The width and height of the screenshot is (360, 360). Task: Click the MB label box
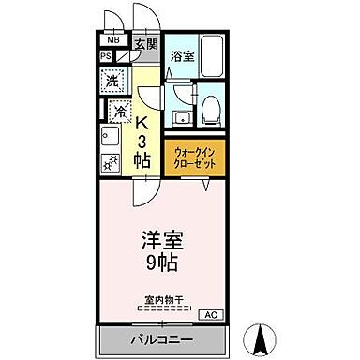click(x=112, y=40)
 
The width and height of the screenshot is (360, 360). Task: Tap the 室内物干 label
click(x=165, y=300)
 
